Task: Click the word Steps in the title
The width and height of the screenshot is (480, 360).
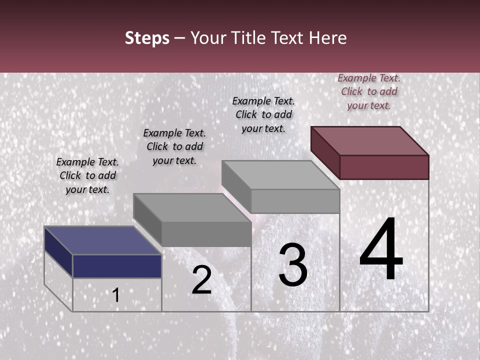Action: pos(147,38)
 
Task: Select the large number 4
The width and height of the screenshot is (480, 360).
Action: pos(381,250)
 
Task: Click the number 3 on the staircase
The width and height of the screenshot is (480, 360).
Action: pos(293,265)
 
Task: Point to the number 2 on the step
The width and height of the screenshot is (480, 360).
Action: pos(201,280)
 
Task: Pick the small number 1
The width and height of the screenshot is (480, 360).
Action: pos(116,295)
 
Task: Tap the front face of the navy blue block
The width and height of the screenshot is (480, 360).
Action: pos(117,266)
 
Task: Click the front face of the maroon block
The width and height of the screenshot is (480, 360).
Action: pos(384,167)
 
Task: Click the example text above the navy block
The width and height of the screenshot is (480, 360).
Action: pos(87,176)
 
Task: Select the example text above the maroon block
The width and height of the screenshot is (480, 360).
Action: pos(369,92)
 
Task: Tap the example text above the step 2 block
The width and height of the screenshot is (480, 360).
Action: pos(174,147)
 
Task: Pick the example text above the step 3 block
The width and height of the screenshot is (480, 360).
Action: pos(263,115)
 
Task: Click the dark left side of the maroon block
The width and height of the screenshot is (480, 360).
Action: pos(325,152)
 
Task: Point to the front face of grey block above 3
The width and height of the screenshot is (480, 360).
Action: pos(295,201)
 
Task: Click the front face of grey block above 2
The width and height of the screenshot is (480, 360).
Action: pos(206,234)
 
